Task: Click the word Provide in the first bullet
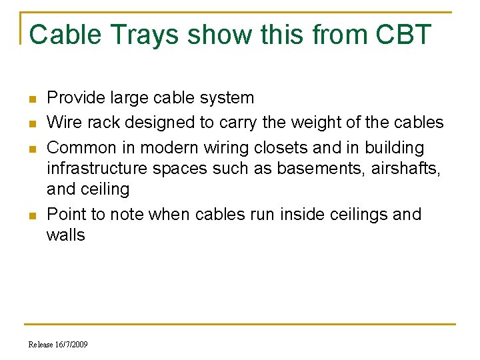point(75,98)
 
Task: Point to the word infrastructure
point(97,168)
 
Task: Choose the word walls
point(66,235)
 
